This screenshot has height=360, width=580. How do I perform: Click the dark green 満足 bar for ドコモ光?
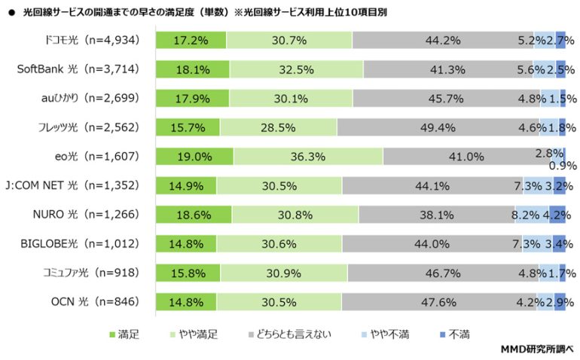[191, 40]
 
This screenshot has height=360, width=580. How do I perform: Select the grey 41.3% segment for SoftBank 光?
[447, 69]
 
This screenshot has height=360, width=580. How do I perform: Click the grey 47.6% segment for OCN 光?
[438, 302]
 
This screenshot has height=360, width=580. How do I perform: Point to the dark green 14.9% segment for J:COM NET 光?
[186, 186]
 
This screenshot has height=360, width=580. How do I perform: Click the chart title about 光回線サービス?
[199, 11]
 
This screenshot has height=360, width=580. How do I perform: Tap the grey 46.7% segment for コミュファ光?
[444, 273]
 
